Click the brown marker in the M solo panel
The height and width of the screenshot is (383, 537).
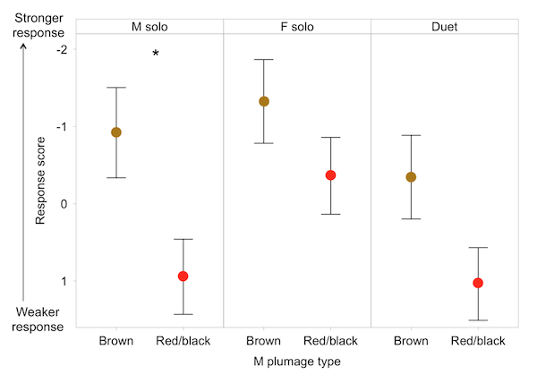pyautogui.click(x=116, y=132)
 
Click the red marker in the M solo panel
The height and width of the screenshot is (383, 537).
pyautogui.click(x=183, y=276)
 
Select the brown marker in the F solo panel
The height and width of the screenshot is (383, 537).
pyautogui.click(x=264, y=101)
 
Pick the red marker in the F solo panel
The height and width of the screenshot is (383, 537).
pyautogui.click(x=330, y=175)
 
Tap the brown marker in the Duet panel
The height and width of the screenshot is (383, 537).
pyautogui.click(x=411, y=177)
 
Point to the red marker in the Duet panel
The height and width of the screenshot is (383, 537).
pyautogui.click(x=478, y=283)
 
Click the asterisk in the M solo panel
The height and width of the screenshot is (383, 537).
pyautogui.click(x=156, y=55)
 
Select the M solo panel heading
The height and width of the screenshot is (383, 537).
pyautogui.click(x=149, y=27)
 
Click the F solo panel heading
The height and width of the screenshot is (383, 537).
pyautogui.click(x=296, y=27)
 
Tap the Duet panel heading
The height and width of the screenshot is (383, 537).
pyautogui.click(x=444, y=27)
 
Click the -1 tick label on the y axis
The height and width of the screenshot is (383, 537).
pyautogui.click(x=62, y=126)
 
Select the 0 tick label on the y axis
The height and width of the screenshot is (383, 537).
pyautogui.click(x=64, y=204)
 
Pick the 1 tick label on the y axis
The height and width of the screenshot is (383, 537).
pyautogui.click(x=64, y=281)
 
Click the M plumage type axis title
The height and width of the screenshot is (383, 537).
pyautogui.click(x=297, y=362)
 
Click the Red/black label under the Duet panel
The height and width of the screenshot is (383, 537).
pyautogui.click(x=478, y=341)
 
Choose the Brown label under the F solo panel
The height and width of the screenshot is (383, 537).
pyautogui.click(x=264, y=341)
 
